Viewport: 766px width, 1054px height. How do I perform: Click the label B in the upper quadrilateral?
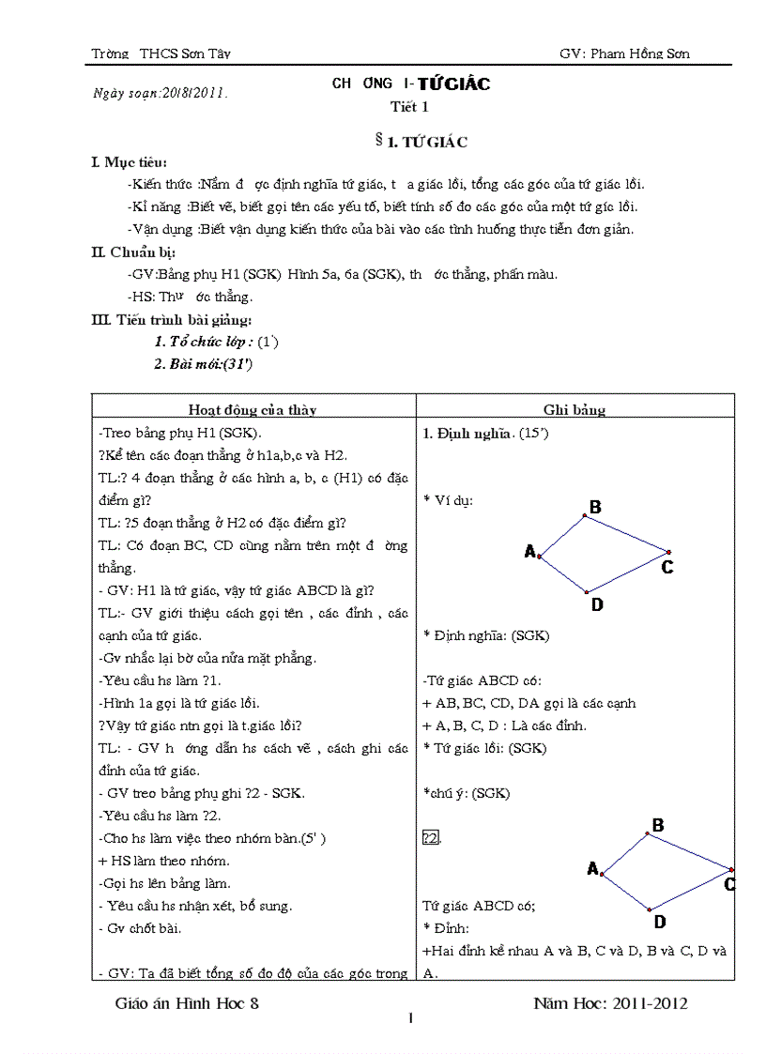(x=595, y=508)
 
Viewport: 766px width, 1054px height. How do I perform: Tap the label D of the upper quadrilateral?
(x=597, y=605)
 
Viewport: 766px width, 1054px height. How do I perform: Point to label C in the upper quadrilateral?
(x=667, y=567)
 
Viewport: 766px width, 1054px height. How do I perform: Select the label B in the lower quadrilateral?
(x=658, y=825)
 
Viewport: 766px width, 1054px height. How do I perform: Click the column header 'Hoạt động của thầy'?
(x=253, y=409)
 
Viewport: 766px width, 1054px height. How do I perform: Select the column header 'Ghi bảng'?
(x=574, y=409)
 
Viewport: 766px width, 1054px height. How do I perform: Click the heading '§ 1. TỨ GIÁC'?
(x=421, y=142)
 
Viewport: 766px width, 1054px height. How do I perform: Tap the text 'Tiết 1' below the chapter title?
(x=409, y=106)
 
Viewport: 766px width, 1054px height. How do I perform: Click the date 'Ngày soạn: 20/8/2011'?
(x=161, y=93)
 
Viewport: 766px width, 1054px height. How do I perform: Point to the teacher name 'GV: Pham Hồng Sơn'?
(x=624, y=53)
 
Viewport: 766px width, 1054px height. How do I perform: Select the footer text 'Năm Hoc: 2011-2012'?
(x=610, y=1003)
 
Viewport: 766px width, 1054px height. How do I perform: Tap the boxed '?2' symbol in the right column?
(x=431, y=838)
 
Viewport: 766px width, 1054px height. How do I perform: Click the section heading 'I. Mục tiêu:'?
(x=130, y=162)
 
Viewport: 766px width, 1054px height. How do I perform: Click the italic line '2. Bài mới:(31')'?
(x=204, y=364)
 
